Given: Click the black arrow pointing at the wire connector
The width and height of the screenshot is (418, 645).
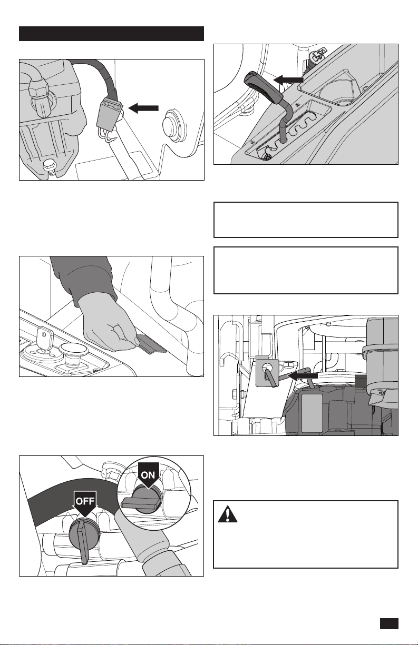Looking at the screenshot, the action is coord(143,108).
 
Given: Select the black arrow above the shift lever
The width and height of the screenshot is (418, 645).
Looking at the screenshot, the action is coord(288,80).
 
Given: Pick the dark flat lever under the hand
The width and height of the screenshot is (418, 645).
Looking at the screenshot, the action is coord(151,344).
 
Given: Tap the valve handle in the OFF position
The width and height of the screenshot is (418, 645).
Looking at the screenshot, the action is coord(84,542).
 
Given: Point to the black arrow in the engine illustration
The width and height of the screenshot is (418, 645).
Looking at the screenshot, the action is coord(303,376).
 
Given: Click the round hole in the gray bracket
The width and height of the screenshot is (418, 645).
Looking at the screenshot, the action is coord(267,368).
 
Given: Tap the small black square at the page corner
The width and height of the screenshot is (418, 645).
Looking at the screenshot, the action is coord(389,624).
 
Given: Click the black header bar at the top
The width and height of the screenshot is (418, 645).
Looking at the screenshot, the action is coord(111,34).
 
